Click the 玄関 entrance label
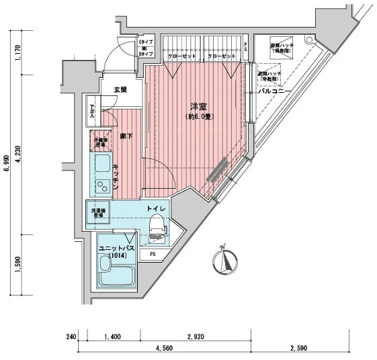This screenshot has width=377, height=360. pyautogui.click(x=120, y=89)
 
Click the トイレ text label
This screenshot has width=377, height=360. pyautogui.click(x=156, y=209)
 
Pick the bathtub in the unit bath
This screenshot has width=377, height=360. pyautogui.click(x=116, y=275)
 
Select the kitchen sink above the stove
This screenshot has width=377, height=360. pyautogui.click(x=102, y=163)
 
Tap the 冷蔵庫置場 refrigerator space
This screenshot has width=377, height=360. pyautogui.click(x=99, y=142)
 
